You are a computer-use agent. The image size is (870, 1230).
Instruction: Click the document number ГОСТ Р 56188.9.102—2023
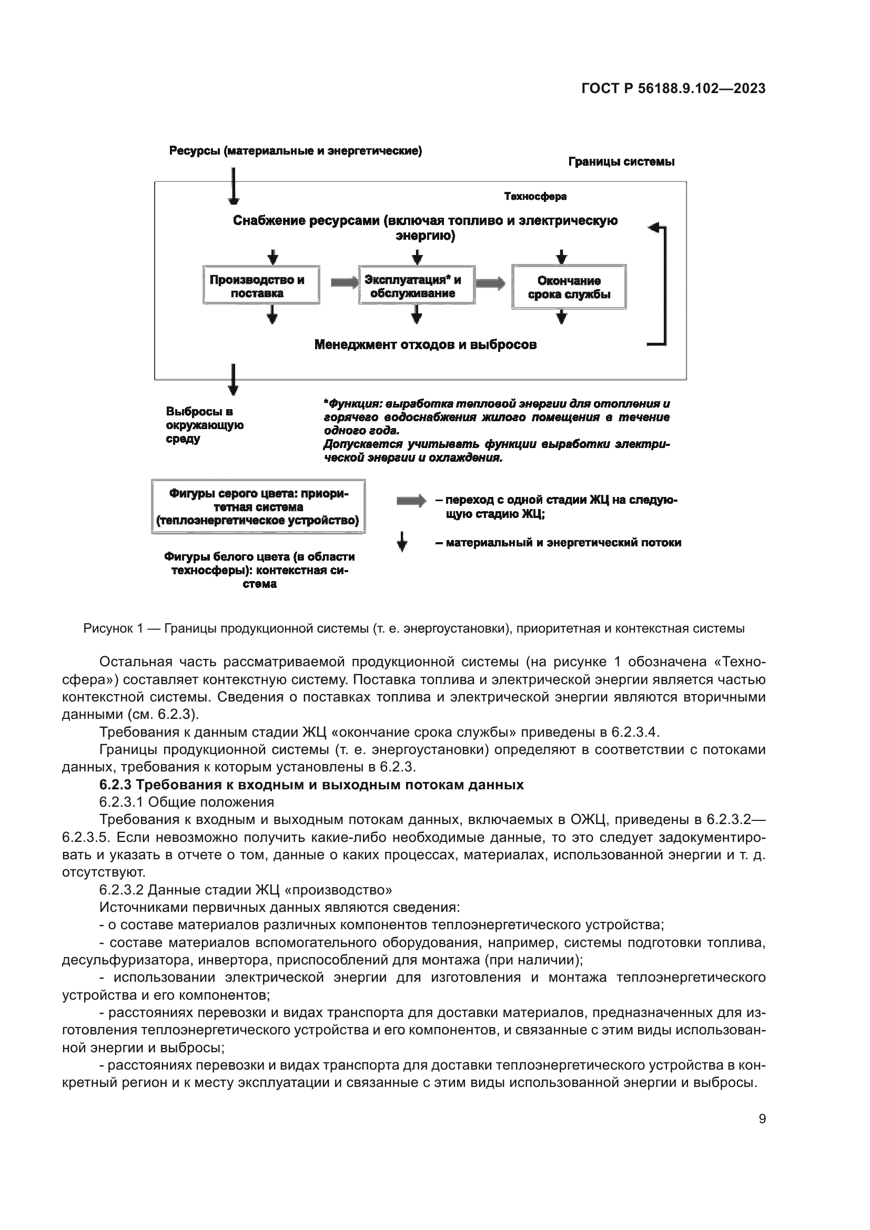673,89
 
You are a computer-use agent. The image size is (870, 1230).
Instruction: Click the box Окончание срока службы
569,287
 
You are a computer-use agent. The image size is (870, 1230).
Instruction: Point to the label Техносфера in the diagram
534,197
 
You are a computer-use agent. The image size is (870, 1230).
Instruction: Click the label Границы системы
621,162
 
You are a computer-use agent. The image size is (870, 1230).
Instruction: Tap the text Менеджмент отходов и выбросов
426,344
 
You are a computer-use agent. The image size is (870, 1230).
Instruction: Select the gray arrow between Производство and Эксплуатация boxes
344,282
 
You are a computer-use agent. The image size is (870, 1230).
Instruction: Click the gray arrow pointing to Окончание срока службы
490,283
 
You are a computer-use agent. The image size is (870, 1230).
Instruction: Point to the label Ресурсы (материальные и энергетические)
295,151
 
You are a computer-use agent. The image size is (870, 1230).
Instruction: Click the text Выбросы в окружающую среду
204,425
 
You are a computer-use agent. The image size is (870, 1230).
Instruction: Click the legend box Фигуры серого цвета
258,506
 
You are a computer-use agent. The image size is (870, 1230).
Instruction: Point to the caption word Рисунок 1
113,628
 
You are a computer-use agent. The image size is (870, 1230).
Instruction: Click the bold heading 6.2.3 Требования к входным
311,785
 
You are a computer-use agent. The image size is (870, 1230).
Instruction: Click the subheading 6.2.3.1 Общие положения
186,802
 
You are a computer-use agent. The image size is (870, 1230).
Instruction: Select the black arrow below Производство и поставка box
272,314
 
